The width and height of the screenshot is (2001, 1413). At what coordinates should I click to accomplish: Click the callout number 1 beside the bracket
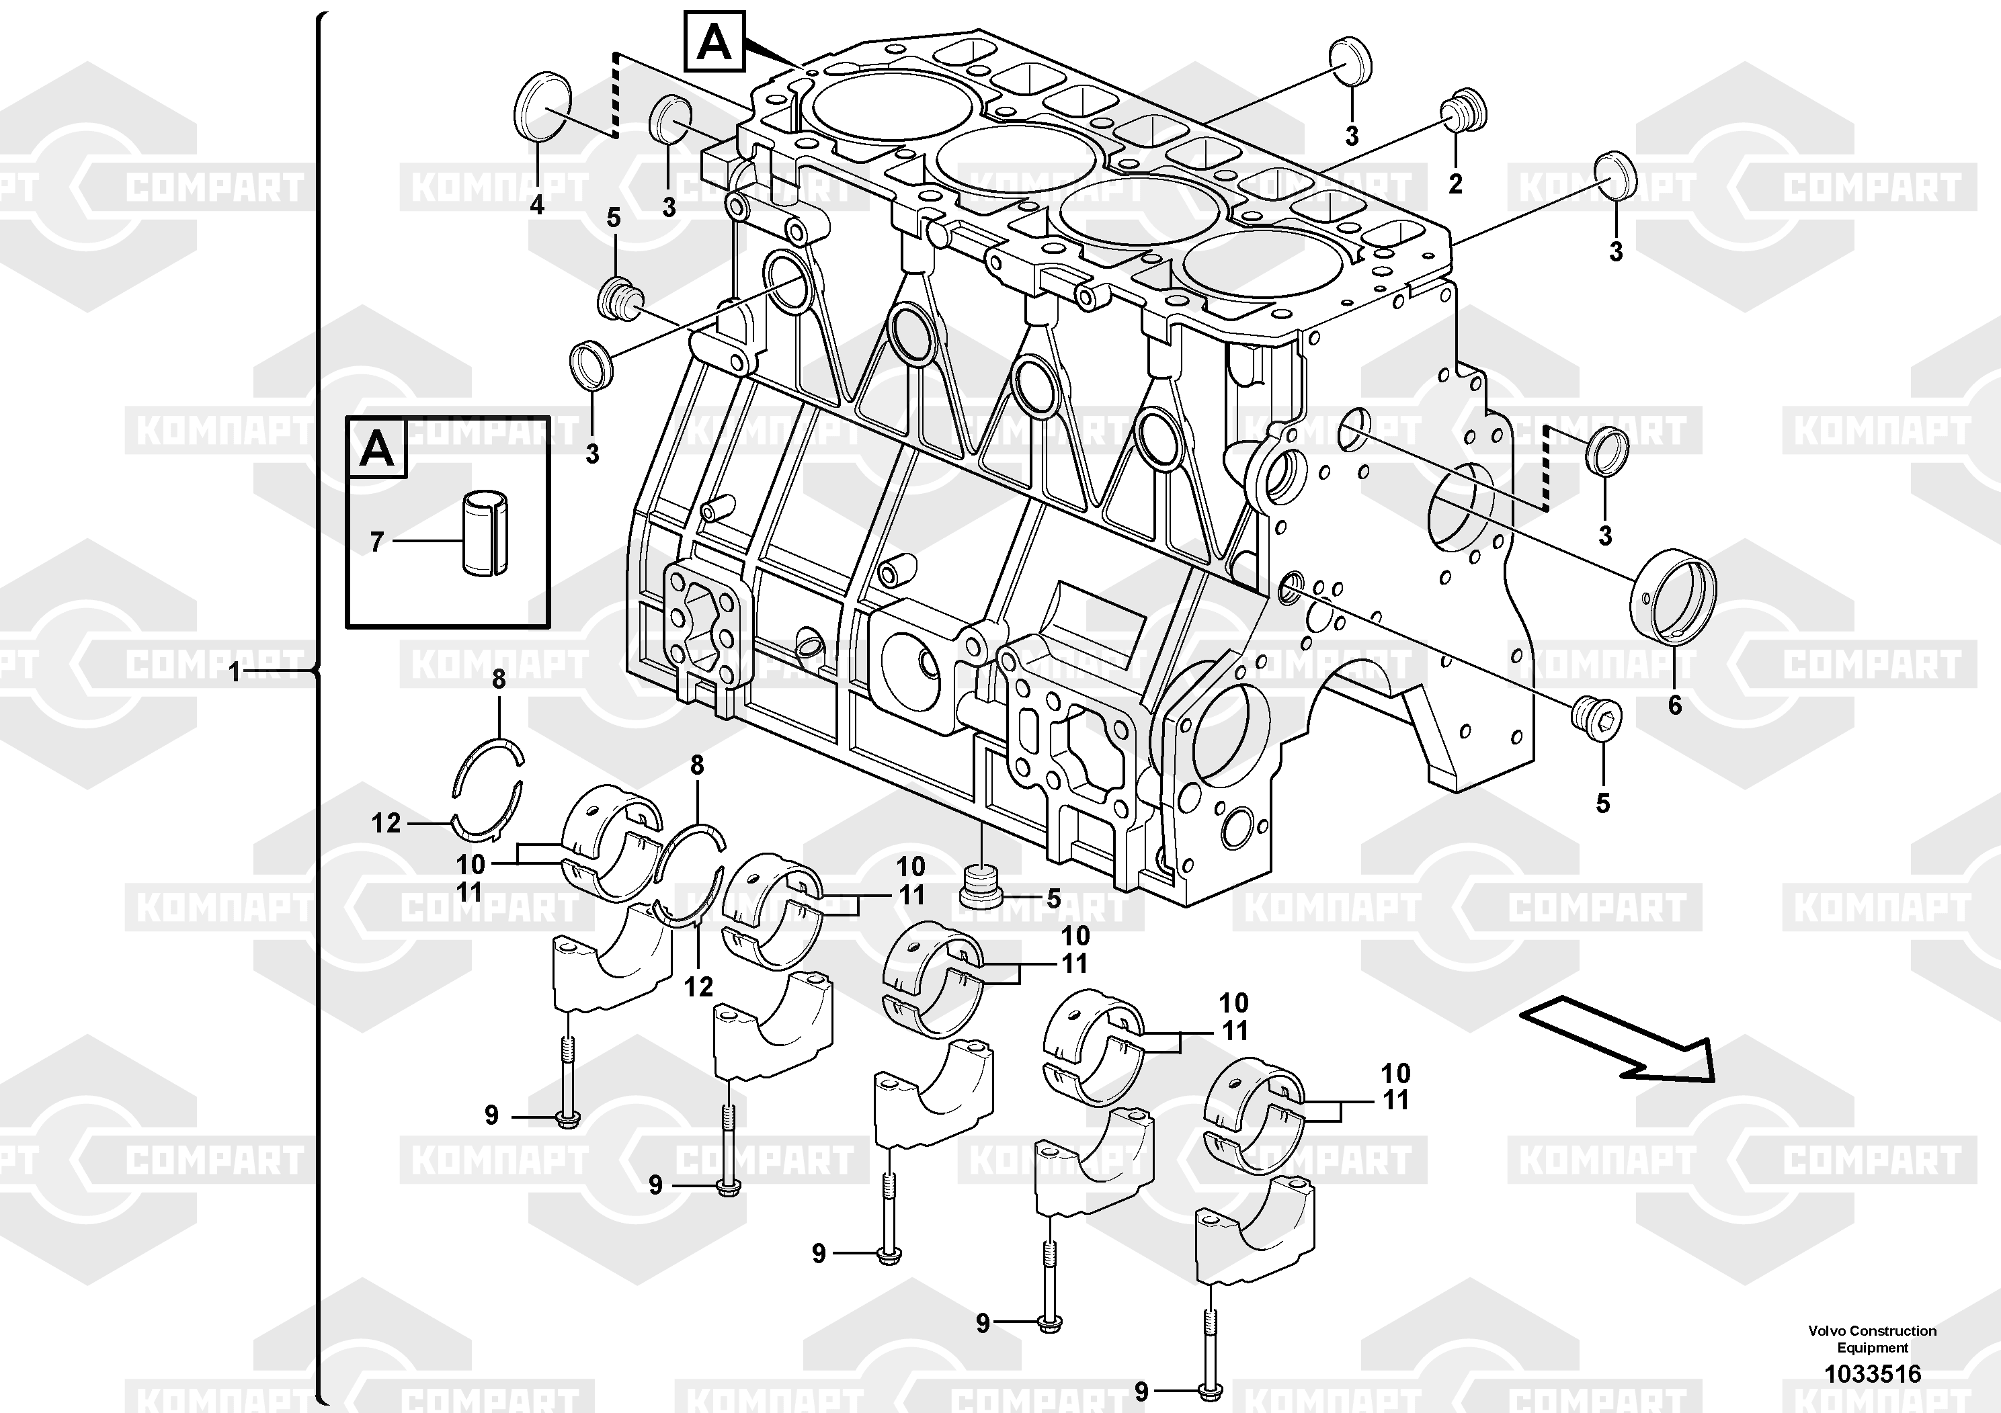coord(233,673)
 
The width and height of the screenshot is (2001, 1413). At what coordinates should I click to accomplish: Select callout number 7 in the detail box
coord(376,542)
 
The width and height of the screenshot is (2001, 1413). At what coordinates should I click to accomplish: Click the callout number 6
coord(1674,705)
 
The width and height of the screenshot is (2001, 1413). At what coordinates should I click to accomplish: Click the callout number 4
coord(537,206)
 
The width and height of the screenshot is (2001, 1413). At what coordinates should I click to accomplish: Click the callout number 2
coord(1455,184)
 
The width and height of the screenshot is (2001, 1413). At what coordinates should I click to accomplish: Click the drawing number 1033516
coord(1872,1375)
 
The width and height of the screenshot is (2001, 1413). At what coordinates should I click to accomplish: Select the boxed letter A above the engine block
coord(714,41)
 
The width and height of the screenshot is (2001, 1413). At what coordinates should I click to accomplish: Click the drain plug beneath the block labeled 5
coord(981,886)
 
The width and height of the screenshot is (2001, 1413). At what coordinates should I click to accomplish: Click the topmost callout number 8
coord(499,679)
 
